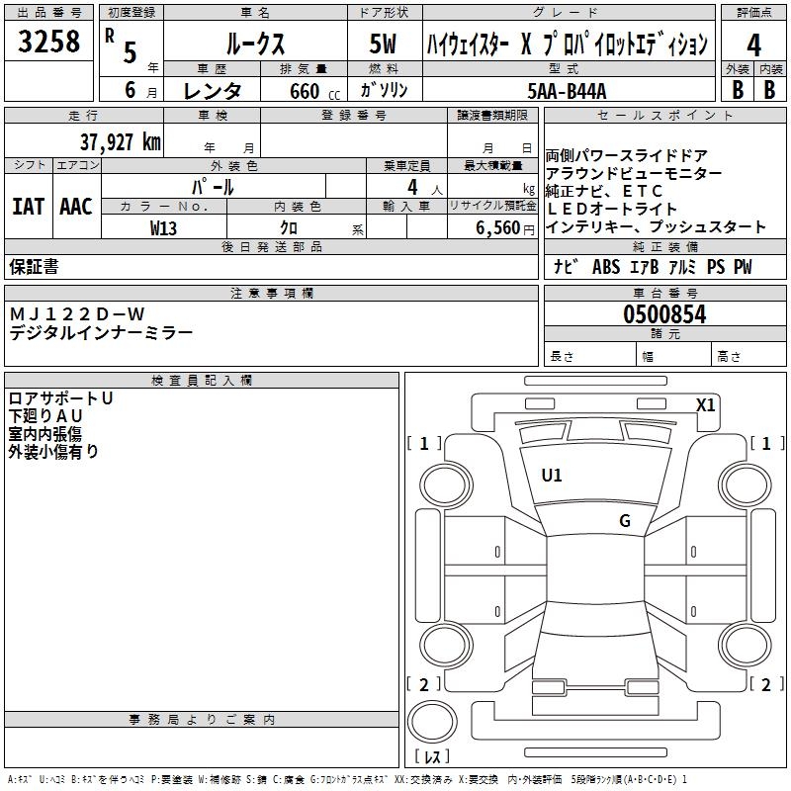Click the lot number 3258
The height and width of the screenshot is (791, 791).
[49, 42]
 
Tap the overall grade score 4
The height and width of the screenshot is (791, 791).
[753, 44]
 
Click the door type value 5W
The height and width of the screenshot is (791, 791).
[383, 44]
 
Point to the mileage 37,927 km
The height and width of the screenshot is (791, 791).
[120, 142]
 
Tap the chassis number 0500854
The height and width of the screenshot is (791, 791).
[664, 314]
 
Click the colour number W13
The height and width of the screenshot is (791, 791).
[163, 228]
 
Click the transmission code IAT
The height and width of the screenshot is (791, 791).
[28, 207]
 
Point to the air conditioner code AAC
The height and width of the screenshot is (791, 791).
[75, 207]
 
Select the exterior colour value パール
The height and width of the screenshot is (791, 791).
[212, 186]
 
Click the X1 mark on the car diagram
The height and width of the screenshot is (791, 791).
[705, 404]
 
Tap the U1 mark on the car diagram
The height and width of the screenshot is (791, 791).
[552, 476]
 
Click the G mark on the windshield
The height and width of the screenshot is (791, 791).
[624, 521]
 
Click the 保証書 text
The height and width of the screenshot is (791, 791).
[34, 267]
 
